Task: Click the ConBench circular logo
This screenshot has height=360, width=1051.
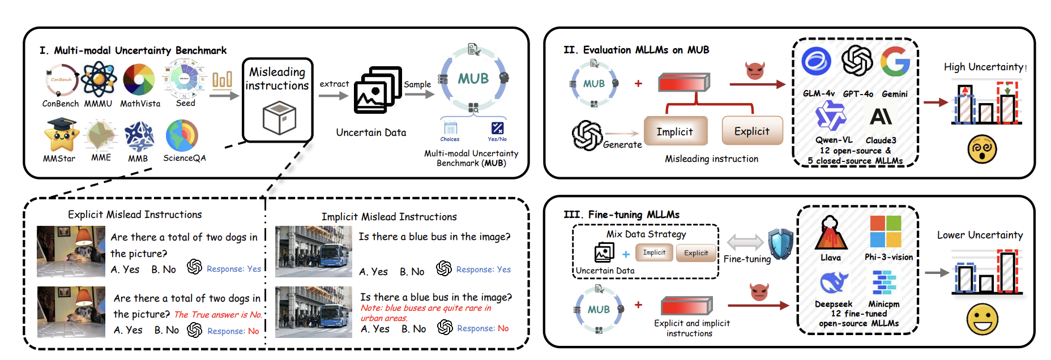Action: click(x=61, y=80)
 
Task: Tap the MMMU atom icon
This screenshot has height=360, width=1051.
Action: click(x=99, y=80)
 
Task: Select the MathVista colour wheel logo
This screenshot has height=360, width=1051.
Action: click(x=139, y=80)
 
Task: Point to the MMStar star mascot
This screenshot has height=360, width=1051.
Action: click(x=61, y=135)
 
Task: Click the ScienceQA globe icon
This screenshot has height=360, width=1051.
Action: click(x=182, y=136)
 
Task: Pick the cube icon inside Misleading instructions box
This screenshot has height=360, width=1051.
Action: click(x=279, y=118)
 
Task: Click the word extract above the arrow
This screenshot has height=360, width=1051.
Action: click(x=334, y=84)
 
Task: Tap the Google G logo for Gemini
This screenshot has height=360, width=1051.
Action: click(x=895, y=61)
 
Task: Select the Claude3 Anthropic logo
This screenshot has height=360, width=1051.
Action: click(x=881, y=117)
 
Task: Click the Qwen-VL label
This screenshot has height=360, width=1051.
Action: click(x=834, y=140)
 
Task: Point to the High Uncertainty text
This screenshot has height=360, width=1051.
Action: click(x=984, y=67)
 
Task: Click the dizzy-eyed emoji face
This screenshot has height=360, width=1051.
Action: click(x=982, y=149)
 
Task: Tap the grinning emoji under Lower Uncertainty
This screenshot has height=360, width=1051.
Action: click(x=982, y=319)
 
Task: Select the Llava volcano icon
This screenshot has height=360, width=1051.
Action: click(x=831, y=233)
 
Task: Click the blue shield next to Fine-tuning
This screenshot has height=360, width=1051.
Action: click(x=780, y=244)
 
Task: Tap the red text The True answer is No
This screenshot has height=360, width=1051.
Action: click(x=218, y=315)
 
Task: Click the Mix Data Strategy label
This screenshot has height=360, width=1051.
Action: click(x=646, y=234)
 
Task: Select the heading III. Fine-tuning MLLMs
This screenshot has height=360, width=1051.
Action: click(x=621, y=215)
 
